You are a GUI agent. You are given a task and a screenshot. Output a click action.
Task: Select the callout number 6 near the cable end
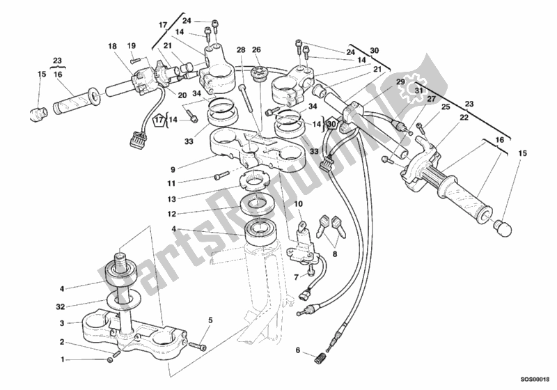[x=297, y=350]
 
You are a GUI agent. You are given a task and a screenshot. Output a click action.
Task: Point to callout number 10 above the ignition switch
[x=298, y=203]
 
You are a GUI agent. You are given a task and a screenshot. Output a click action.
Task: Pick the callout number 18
[x=112, y=46]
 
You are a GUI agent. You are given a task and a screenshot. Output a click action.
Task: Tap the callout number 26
[x=256, y=49]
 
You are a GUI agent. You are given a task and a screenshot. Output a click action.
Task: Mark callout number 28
[x=240, y=49]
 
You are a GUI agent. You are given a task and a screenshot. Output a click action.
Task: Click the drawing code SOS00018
[x=533, y=381]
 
